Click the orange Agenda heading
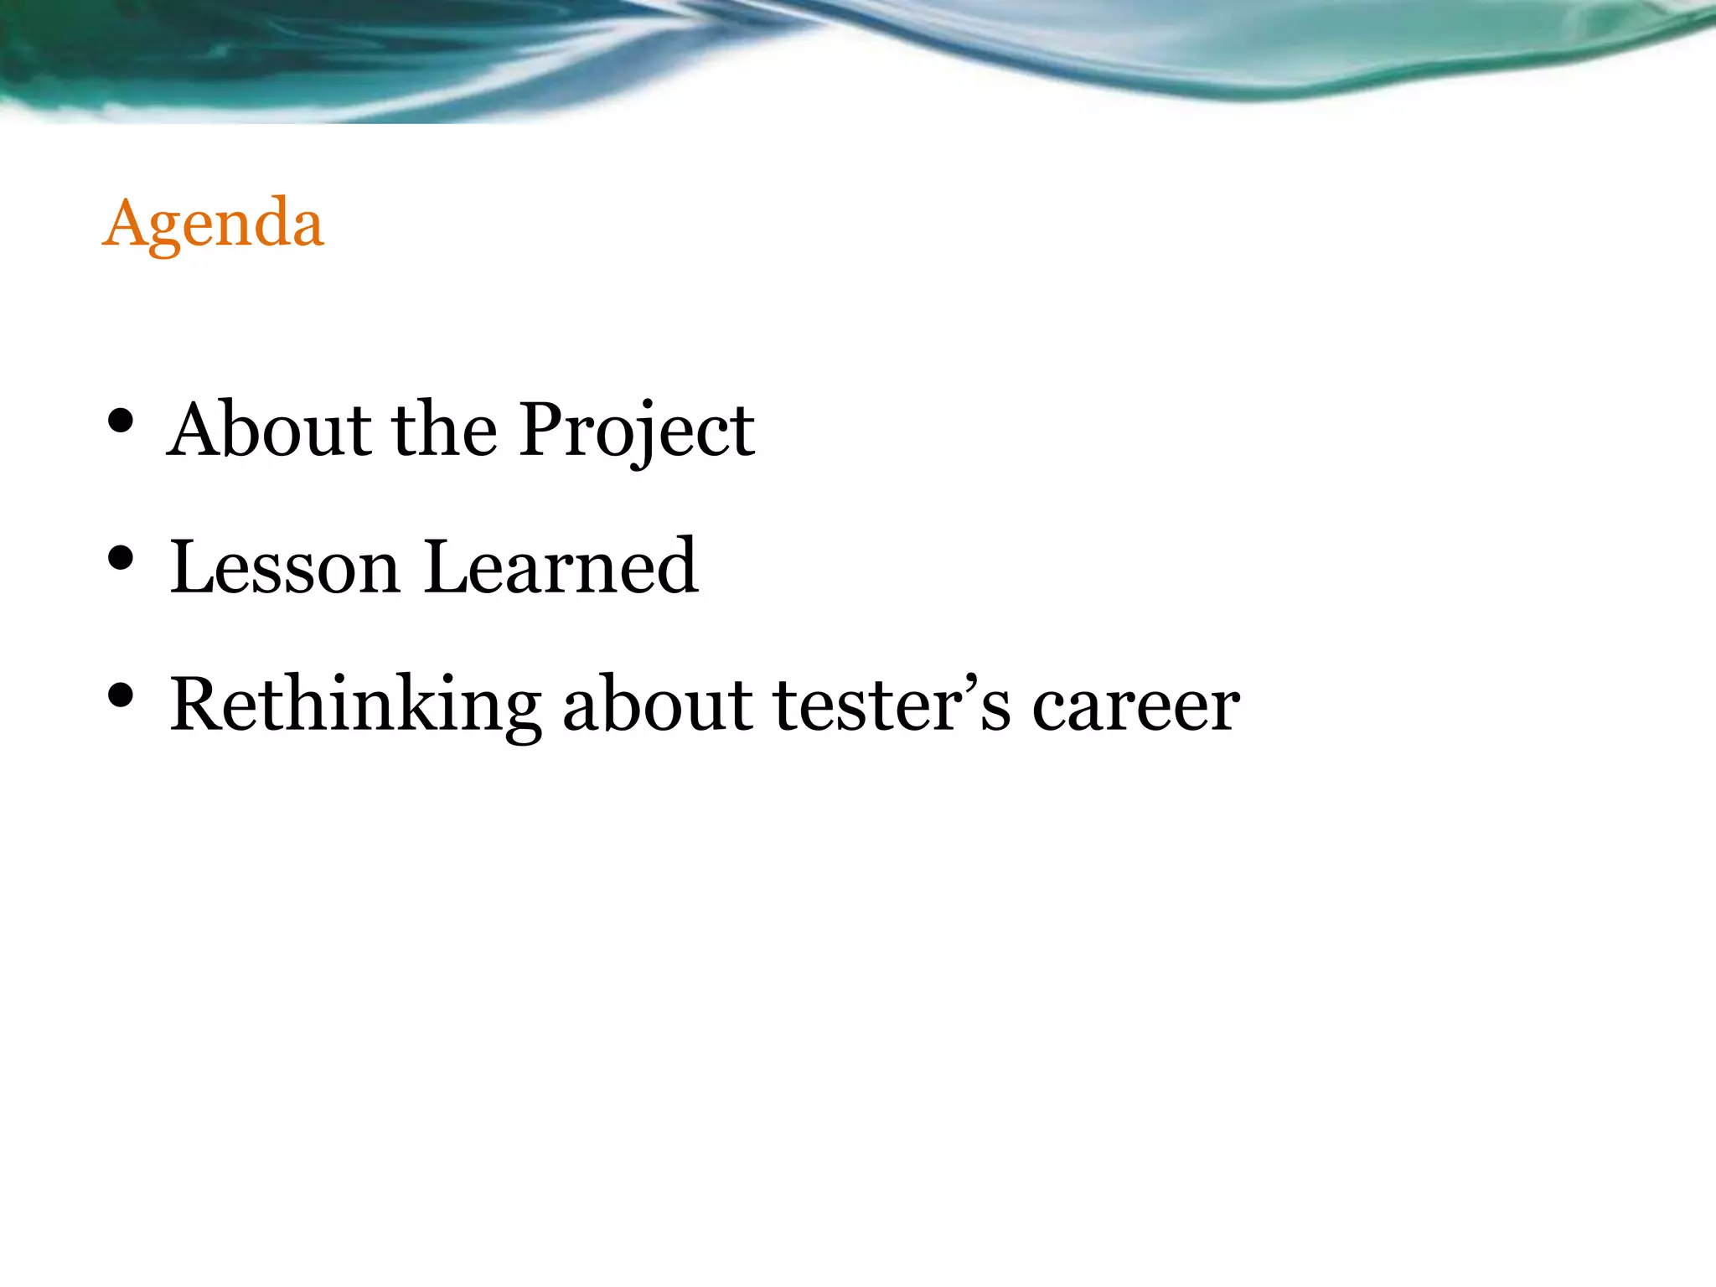pyautogui.click(x=213, y=224)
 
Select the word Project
pyautogui.click(x=637, y=431)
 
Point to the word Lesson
pyautogui.click(x=285, y=567)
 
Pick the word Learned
pyautogui.click(x=561, y=567)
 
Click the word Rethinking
pyautogui.click(x=355, y=706)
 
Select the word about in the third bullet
pyautogui.click(x=658, y=706)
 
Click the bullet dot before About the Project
pyautogui.click(x=121, y=421)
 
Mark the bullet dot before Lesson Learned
pyautogui.click(x=121, y=559)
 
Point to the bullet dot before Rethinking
pyautogui.click(x=121, y=695)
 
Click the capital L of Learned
pyautogui.click(x=444, y=567)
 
